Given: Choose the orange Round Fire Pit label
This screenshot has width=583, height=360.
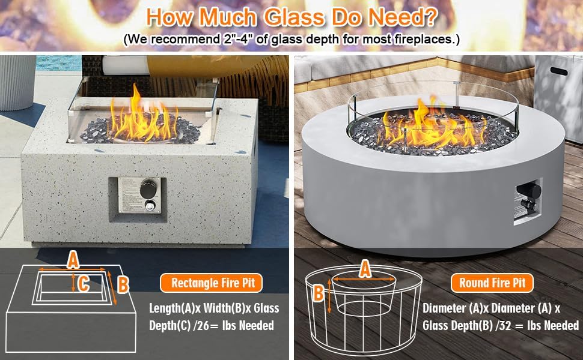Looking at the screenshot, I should (x=492, y=282).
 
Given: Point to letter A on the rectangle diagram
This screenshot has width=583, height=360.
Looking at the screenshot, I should (x=73, y=260).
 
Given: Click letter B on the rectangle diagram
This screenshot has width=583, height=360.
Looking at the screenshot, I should (x=123, y=285).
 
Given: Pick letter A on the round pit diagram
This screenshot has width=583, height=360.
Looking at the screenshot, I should (x=364, y=270).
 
